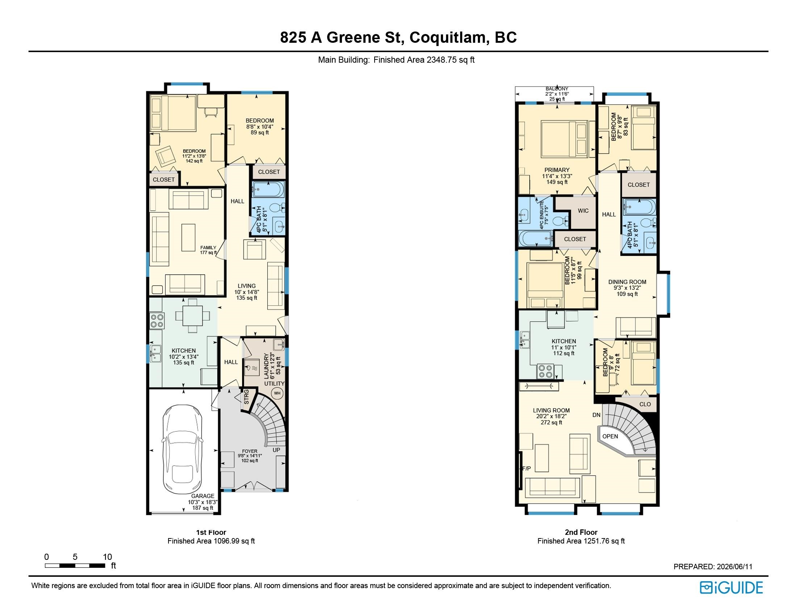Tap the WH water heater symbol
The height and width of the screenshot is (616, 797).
[x=278, y=393]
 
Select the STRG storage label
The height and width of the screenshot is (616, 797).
[x=246, y=397]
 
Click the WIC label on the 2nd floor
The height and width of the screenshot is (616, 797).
[x=583, y=211]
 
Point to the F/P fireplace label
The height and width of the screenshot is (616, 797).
[x=526, y=469]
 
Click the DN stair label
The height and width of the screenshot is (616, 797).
[x=596, y=415]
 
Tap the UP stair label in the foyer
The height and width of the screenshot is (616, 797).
[x=276, y=450]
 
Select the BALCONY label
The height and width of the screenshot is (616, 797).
[x=557, y=89]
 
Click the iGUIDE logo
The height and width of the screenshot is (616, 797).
[x=731, y=587]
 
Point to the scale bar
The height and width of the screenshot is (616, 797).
[x=75, y=566]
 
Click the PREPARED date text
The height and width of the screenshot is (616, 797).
[x=713, y=567]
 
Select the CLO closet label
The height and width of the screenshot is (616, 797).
[x=645, y=404]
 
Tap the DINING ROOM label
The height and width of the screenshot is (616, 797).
[x=627, y=282]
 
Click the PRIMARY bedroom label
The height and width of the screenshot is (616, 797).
[x=557, y=170]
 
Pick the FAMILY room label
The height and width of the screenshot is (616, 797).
[x=208, y=247]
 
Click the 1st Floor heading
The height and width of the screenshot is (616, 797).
[x=211, y=532]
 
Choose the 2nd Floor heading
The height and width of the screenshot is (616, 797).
[x=581, y=532]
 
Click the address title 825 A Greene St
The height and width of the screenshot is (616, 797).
[x=342, y=38]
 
